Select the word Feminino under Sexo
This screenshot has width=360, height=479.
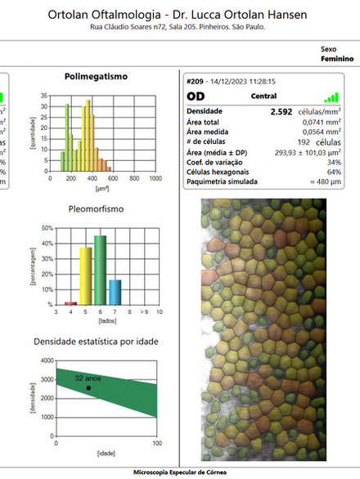coord(337,60)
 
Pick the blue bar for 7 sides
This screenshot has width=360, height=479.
coord(115,292)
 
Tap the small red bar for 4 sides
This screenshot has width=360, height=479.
coord(71,303)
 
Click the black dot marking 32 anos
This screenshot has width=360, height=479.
coord(88,387)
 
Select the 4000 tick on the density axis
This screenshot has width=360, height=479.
coord(46,360)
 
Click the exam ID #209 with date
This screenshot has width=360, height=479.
coord(232,82)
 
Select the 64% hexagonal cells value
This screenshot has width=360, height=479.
coord(333,172)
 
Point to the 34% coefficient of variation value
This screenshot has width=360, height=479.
coord(333,162)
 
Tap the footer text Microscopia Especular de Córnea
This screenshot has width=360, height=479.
coord(180,472)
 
